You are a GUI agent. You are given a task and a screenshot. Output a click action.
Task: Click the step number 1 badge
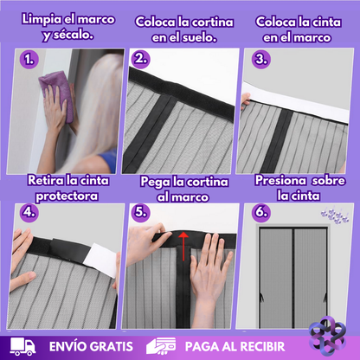[29, 60]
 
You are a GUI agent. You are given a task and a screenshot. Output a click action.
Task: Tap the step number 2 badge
[140, 59]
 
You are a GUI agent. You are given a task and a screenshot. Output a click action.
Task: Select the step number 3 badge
[261, 59]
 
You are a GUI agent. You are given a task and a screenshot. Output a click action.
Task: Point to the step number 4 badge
[29, 212]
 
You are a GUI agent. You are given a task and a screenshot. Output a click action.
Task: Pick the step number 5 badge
[140, 212]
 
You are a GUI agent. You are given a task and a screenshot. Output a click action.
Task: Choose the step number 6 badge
[261, 212]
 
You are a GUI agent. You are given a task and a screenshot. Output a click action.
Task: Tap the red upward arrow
[183, 246]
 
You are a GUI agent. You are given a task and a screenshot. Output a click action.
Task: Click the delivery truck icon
[23, 346]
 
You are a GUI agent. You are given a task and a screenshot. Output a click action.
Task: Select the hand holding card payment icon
[161, 346]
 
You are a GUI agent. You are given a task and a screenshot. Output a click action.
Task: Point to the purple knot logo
[327, 336]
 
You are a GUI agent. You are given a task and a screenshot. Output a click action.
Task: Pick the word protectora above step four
[67, 196]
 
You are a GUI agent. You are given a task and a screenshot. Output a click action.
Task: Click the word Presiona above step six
[280, 181]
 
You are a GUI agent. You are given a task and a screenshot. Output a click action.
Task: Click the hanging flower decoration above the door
[335, 215]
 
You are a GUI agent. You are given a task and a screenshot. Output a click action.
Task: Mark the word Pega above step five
[155, 183]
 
